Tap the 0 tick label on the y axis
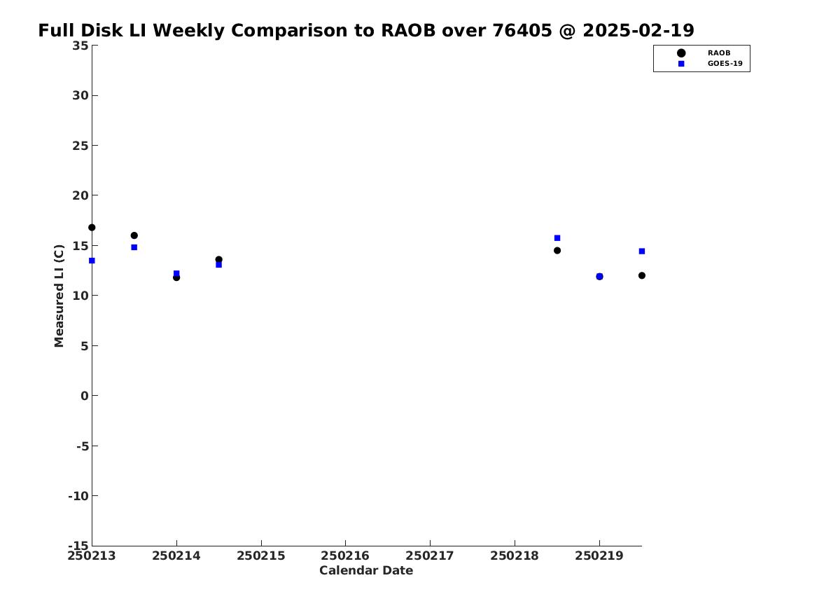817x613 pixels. tap(85, 396)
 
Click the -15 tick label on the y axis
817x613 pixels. tap(78, 545)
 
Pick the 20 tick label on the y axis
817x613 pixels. tap(81, 195)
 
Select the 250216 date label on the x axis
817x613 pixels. tap(345, 556)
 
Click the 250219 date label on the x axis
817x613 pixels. tap(599, 556)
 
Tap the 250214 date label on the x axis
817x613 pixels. tap(176, 556)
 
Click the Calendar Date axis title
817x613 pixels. tap(366, 570)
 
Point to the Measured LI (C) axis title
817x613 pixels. tap(59, 296)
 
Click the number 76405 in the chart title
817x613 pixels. tap(522, 30)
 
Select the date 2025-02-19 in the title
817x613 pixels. tap(638, 30)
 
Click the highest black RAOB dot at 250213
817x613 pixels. tap(92, 227)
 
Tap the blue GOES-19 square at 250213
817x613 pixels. tap(92, 261)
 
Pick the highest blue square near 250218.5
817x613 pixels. tap(557, 238)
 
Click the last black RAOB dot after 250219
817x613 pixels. tap(641, 275)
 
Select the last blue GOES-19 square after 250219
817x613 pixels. tap(641, 252)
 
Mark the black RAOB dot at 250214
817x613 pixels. tap(176, 277)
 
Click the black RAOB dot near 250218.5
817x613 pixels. tap(557, 250)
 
